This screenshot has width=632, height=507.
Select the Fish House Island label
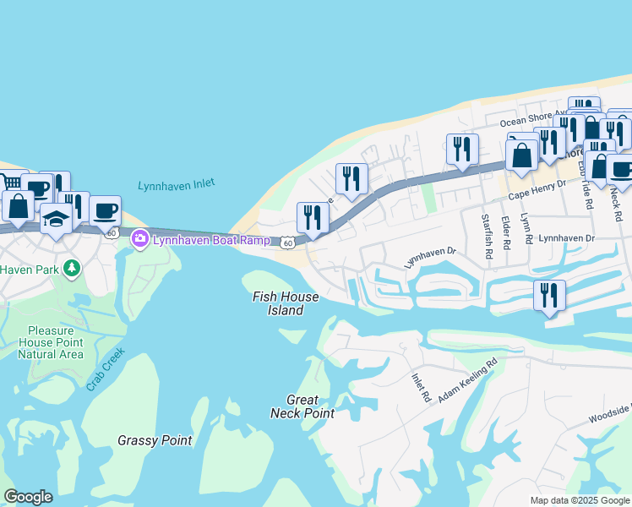286,303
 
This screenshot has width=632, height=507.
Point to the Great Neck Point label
302,406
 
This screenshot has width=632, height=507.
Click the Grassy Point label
155,440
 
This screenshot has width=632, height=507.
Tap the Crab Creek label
105,369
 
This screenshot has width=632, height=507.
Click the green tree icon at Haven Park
73,269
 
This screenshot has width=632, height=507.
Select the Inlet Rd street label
421,387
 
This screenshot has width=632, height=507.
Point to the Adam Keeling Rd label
467,379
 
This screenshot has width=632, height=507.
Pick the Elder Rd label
505,232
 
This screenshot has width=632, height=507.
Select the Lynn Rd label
526,229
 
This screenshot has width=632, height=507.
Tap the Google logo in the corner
28,497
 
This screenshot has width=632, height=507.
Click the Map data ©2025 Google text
579,500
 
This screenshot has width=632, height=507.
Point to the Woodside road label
610,418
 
